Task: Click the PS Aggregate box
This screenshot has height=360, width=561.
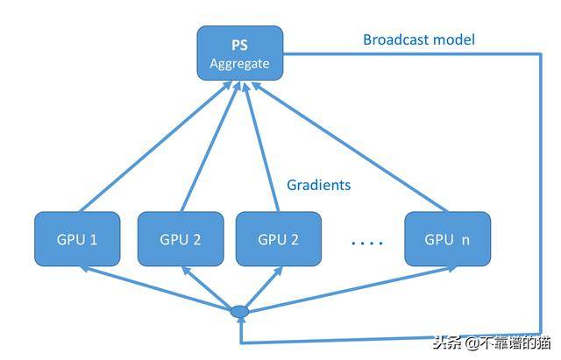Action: (x=240, y=53)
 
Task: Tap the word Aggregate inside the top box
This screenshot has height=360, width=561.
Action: (x=239, y=64)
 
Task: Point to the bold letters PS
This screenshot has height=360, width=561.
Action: (x=239, y=45)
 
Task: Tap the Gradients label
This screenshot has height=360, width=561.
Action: (x=319, y=185)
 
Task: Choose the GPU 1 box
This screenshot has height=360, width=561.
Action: (x=77, y=239)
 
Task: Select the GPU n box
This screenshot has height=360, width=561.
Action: (x=448, y=239)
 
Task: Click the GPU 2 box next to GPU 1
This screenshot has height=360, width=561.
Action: (x=181, y=239)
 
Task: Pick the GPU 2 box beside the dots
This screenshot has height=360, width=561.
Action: (x=279, y=239)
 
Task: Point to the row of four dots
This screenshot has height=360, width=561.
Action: (x=367, y=244)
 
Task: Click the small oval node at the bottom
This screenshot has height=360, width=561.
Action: (x=239, y=311)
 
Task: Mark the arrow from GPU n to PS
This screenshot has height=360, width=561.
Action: (x=349, y=146)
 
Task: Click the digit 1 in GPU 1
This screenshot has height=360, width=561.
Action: (x=94, y=239)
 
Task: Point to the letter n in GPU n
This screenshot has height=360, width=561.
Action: (x=465, y=240)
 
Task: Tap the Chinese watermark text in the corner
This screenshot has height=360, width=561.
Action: (x=492, y=342)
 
